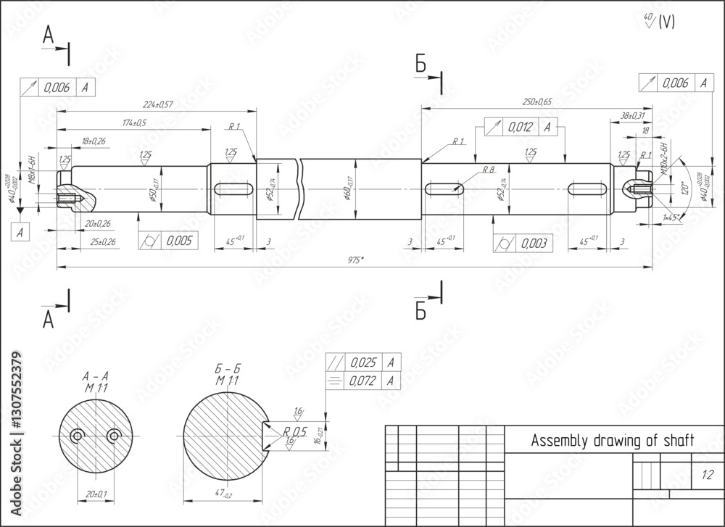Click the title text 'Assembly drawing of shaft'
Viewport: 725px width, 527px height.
pos(613,440)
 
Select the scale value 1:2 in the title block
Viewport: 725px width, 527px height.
pos(707,476)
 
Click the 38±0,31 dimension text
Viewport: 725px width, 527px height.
pos(632,115)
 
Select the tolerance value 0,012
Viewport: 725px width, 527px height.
pos(521,128)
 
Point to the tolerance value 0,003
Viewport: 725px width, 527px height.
pos(532,243)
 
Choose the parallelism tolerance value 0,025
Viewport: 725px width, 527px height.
pos(363,362)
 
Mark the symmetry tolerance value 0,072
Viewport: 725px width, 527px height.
pos(363,381)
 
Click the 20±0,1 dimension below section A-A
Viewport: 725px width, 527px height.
pos(96,494)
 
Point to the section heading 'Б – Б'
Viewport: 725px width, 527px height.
pos(228,370)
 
